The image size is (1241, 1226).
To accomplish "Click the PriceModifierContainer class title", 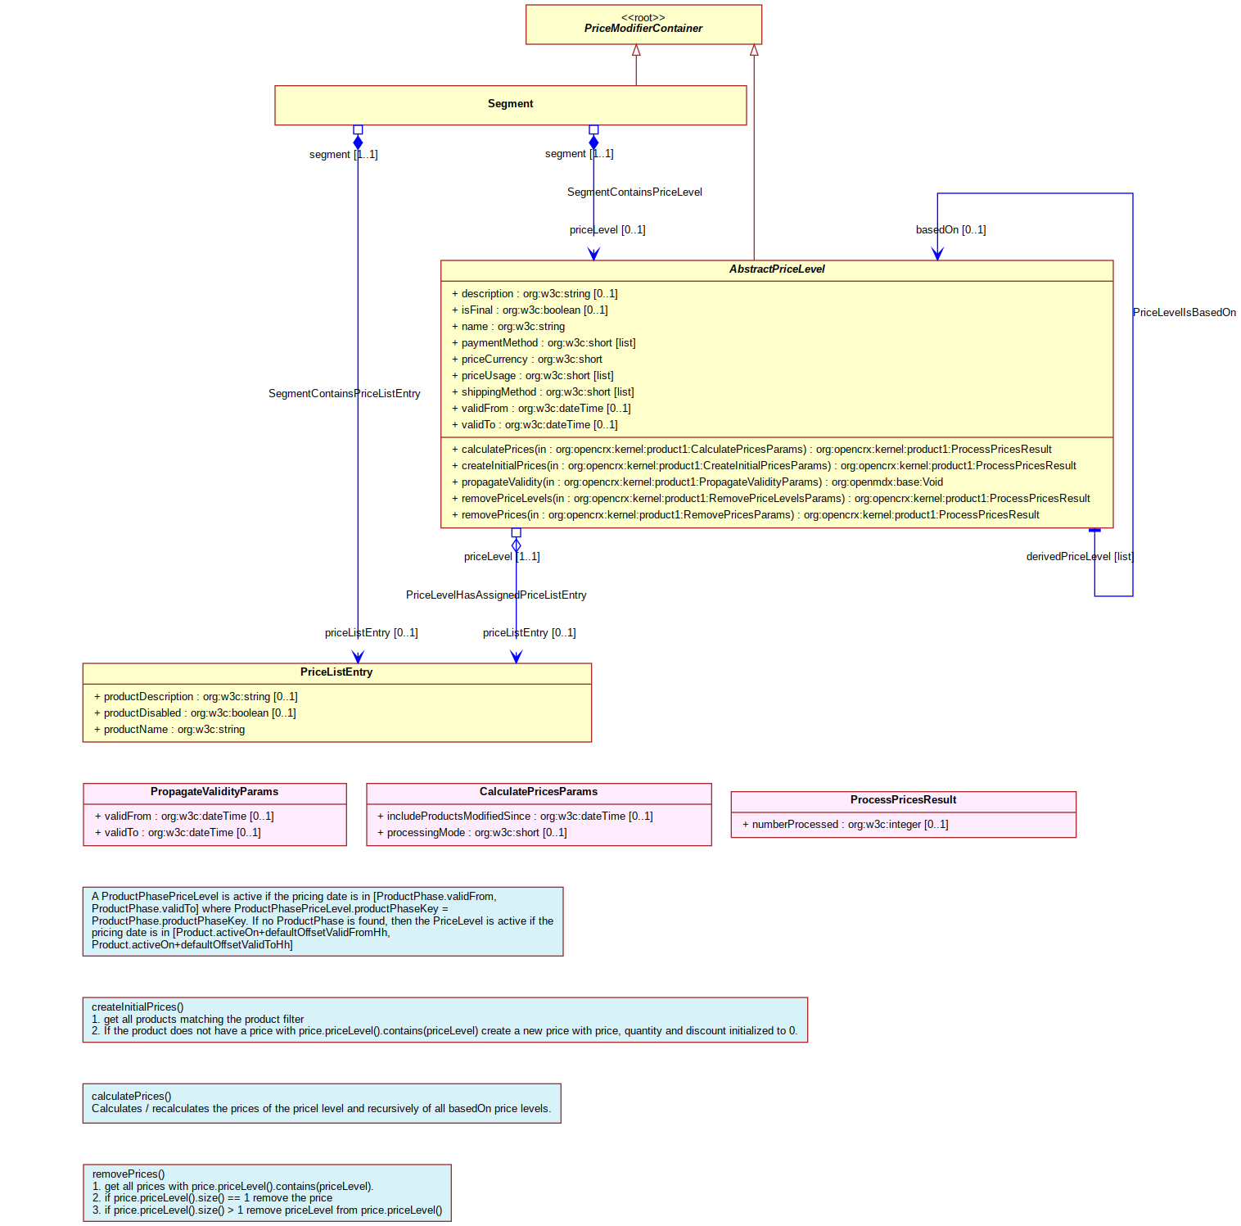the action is point(643,29).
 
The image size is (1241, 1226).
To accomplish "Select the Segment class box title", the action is point(510,104).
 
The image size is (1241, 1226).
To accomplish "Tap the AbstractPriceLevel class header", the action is point(777,269).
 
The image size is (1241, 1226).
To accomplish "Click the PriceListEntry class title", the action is point(336,672).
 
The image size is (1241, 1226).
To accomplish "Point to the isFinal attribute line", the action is point(530,310).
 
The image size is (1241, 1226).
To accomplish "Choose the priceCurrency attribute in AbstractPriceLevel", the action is point(527,360).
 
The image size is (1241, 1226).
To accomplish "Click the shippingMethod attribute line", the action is point(543,392).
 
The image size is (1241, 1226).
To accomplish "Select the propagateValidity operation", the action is point(697,482).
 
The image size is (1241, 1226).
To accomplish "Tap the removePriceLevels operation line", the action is point(771,499).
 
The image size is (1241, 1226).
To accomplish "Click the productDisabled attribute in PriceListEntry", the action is point(195,713).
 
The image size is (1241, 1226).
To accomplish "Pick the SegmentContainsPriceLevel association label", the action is point(634,192).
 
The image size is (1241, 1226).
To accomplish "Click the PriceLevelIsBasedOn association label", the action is point(1185,313).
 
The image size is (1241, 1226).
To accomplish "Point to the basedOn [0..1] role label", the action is point(950,230).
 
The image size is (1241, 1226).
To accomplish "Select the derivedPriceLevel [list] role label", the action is point(1080,557).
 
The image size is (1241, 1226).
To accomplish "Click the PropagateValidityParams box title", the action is point(214,792).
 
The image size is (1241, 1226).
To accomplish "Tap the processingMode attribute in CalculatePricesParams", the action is point(472,833).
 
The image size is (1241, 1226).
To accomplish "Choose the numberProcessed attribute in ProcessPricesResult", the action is point(845,825).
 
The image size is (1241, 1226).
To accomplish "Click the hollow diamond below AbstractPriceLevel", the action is point(517,545).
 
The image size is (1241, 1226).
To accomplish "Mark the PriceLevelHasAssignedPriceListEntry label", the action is point(496,595).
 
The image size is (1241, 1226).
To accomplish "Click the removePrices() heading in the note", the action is point(129,1174).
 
